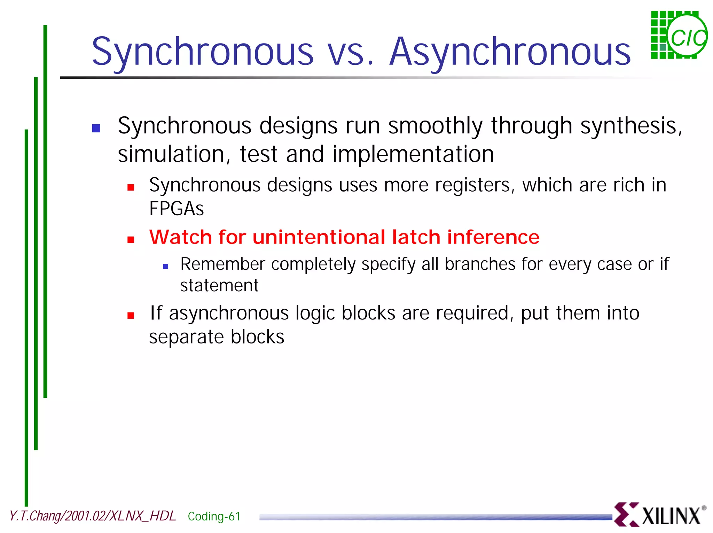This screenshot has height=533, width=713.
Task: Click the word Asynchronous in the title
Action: pyautogui.click(x=510, y=52)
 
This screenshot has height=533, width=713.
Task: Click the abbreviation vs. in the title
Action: pyautogui.click(x=351, y=52)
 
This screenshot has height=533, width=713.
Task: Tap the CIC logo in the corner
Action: pyautogui.click(x=679, y=35)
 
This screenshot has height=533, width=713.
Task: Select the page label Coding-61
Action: pyautogui.click(x=214, y=516)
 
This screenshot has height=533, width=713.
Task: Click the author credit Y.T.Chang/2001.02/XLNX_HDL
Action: pyautogui.click(x=93, y=516)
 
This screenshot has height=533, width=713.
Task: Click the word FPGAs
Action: pyautogui.click(x=176, y=209)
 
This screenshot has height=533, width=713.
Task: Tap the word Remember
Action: pyautogui.click(x=222, y=264)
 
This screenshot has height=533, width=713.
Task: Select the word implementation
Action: pyautogui.click(x=413, y=154)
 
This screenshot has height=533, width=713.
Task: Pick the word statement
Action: pyautogui.click(x=219, y=286)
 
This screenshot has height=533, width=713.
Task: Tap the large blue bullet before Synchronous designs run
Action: pyautogui.click(x=96, y=129)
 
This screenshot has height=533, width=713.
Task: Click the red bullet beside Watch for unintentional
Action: pyautogui.click(x=131, y=240)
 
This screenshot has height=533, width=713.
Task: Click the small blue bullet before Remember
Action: pyautogui.click(x=166, y=267)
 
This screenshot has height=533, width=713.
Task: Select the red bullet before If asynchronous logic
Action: pyautogui.click(x=131, y=316)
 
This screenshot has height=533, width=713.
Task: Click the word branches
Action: pyautogui.click(x=480, y=264)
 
